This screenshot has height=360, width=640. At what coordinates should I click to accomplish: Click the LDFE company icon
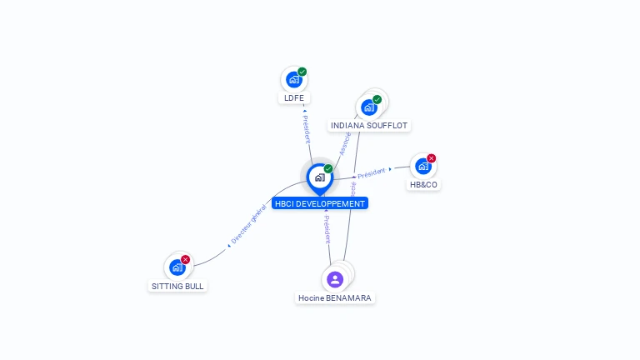(293, 80)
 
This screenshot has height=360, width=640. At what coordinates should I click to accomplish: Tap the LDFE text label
(293, 98)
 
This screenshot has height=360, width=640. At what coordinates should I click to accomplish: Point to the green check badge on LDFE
(302, 72)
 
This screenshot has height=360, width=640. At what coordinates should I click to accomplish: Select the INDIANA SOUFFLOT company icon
(368, 107)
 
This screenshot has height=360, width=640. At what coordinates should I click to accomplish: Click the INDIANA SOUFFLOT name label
(369, 126)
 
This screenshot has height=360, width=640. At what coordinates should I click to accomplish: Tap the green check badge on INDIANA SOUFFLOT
(377, 99)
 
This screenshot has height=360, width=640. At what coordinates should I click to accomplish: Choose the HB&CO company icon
(422, 166)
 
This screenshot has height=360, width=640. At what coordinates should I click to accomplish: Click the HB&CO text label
(423, 184)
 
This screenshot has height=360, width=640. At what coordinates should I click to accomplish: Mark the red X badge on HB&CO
(432, 158)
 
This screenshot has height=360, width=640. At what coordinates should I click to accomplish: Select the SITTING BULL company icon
(177, 267)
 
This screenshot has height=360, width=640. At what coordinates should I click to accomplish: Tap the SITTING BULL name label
(177, 286)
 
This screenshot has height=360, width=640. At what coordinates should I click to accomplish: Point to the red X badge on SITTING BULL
(186, 259)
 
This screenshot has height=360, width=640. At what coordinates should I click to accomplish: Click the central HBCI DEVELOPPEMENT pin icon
(319, 177)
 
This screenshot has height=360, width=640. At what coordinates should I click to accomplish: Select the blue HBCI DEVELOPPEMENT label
(319, 203)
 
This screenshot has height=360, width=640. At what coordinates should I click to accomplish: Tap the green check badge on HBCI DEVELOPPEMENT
(328, 168)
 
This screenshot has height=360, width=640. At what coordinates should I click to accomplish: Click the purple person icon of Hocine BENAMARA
(335, 279)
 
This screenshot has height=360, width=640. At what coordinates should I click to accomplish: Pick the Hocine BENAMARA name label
(335, 297)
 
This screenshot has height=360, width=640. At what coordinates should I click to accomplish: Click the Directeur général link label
(247, 225)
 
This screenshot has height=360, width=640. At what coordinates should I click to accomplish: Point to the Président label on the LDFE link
(307, 129)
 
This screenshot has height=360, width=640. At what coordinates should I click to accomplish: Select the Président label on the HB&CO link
(371, 172)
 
